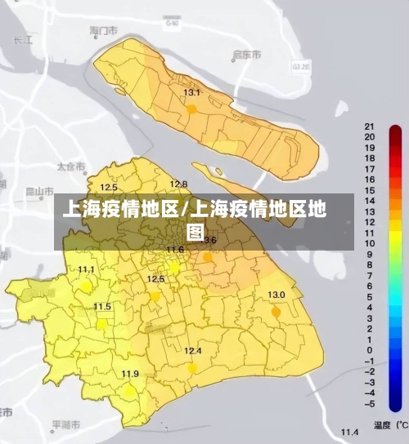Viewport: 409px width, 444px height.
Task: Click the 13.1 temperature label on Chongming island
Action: point(191,93)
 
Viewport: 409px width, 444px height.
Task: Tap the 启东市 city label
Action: point(246,55)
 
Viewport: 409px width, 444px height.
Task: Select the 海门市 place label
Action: point(104,30)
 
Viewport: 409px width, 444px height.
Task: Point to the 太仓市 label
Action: point(70,166)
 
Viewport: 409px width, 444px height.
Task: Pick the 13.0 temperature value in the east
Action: point(276,295)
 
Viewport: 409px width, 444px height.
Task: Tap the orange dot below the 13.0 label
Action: point(276,312)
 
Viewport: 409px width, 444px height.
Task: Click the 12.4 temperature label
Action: point(192,351)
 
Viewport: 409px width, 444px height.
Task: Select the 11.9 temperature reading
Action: point(130,374)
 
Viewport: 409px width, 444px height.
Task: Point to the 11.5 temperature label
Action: point(102,307)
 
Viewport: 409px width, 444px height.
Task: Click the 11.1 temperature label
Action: point(86,269)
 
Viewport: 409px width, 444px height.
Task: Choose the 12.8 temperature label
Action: point(178,184)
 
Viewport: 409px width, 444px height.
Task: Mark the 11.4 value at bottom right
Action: point(350,431)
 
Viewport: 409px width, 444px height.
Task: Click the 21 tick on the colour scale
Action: point(370,127)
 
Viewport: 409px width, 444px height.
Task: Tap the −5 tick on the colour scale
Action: point(370,403)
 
